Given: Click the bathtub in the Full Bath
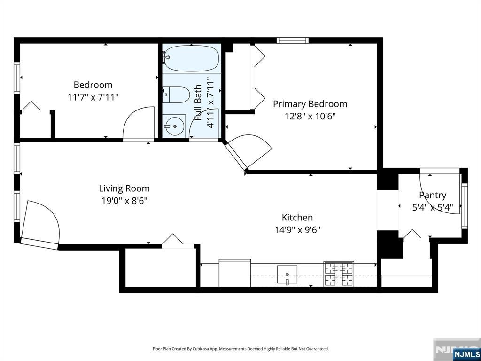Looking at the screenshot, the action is coord(192,59).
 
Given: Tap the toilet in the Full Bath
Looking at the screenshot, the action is coord(177,95).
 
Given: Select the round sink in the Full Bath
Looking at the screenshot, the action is coord(174,126).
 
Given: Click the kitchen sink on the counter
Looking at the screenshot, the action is coord(287,275).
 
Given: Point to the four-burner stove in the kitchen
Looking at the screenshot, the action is coord(339,274).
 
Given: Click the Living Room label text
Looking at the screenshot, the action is coord(124,188).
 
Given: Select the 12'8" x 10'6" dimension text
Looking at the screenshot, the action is coord(310,117).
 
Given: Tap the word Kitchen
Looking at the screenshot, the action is coord(297,217).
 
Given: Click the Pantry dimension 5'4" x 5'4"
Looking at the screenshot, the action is coord(433,207).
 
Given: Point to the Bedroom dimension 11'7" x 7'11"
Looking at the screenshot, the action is coord(93,97).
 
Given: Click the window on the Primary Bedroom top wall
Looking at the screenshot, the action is coord(292,40).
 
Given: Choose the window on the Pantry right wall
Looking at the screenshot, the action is coord(465,206).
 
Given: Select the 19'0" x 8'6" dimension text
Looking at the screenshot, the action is coord(124,201).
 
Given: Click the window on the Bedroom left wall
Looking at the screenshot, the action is coord(17,78).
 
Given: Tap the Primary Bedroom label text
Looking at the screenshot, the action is coord(310,104).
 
